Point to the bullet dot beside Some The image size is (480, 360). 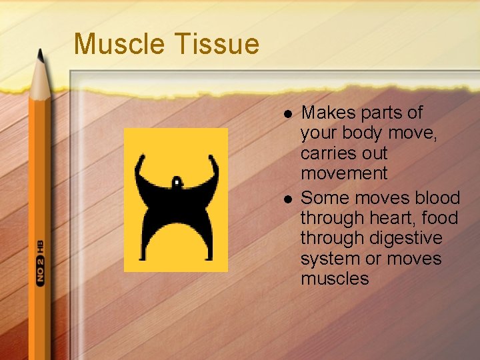click(287, 199)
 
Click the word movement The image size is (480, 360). click(343, 173)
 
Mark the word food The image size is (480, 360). click(441, 218)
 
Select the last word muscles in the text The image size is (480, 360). click(334, 278)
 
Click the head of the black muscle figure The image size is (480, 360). click(176, 181)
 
